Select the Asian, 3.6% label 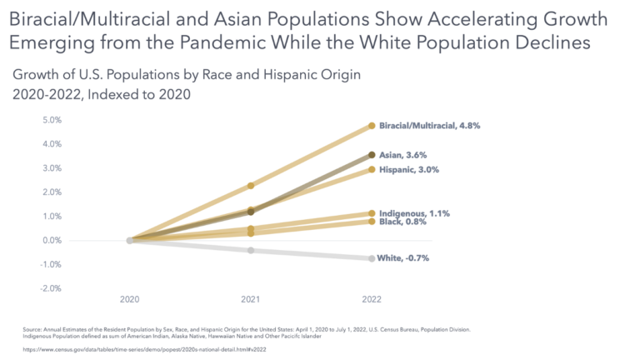click(x=404, y=155)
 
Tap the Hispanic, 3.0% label click(x=409, y=169)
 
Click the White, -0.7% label click(x=404, y=258)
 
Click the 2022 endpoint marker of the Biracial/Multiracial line click(x=372, y=126)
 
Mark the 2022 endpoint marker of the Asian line click(x=372, y=155)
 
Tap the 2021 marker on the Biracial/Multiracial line click(x=251, y=186)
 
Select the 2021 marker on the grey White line click(x=251, y=250)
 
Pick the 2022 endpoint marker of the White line click(x=372, y=258)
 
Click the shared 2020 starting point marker click(x=130, y=240)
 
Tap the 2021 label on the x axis click(x=251, y=298)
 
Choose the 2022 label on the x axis click(x=372, y=298)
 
